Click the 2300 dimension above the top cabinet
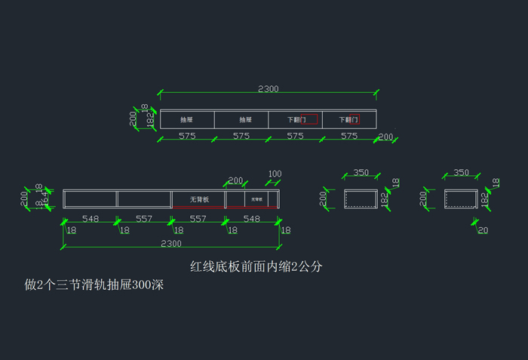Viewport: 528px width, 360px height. click(268, 88)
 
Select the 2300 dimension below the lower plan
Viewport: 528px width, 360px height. click(171, 243)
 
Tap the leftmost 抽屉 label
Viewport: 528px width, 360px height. click(186, 120)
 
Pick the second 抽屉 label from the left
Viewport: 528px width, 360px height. click(245, 120)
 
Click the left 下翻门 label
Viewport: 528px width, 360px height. click(296, 120)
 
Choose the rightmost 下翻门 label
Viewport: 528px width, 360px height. click(348, 120)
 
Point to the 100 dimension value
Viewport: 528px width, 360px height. click(275, 174)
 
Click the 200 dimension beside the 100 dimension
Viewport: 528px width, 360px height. click(235, 180)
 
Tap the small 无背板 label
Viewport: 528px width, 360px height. click(256, 200)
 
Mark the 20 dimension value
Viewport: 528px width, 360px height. click(483, 230)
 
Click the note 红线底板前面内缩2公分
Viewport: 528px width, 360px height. click(257, 267)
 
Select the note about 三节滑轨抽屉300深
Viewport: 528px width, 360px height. click(94, 285)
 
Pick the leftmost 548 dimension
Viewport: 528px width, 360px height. click(91, 218)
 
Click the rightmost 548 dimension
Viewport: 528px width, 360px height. click(252, 218)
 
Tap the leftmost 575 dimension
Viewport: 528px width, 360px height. click(187, 137)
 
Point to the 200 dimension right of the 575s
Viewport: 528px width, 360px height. click(386, 137)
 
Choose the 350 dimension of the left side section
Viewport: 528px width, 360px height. click(361, 173)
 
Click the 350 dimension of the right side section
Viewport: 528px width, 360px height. click(461, 173)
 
